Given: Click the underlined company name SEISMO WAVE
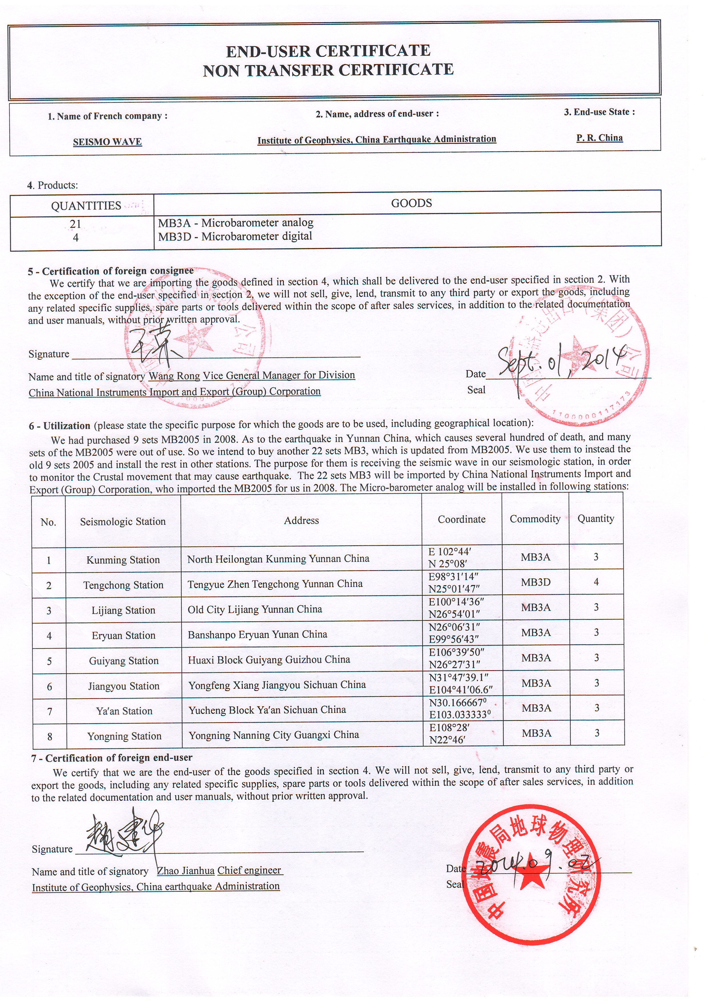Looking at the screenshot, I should tap(107, 142).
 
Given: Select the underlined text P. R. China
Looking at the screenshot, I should tap(600, 138).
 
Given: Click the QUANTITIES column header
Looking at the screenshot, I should tap(86, 206).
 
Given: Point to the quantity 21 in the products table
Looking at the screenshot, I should tap(75, 224).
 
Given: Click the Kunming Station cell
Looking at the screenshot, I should tap(123, 560).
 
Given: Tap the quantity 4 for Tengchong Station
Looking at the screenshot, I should tap(596, 582).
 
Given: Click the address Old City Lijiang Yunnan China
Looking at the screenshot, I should tap(255, 609).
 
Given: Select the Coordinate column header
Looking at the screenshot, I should tap(462, 519).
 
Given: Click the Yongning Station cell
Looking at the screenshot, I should tap(124, 736).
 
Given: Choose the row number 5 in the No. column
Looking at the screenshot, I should tap(49, 661).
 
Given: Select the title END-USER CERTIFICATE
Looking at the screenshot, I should tap(328, 51).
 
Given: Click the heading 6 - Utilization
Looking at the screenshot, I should tap(60, 426).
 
